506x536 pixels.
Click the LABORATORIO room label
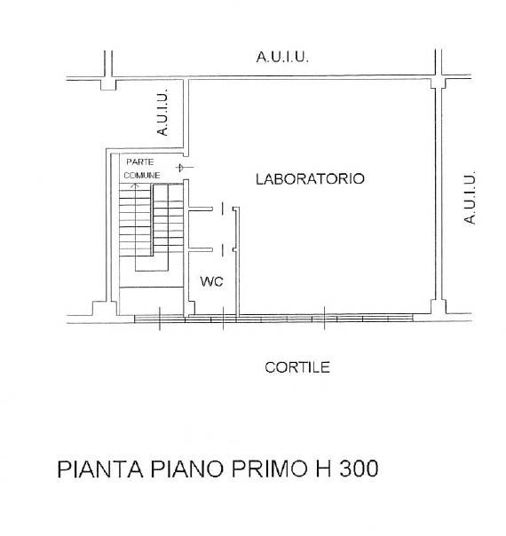(310, 178)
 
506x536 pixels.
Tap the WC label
(211, 281)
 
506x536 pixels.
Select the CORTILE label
(297, 367)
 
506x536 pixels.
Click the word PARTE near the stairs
(140, 162)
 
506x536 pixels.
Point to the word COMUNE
(142, 176)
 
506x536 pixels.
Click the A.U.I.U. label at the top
(282, 57)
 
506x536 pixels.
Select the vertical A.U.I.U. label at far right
(470, 198)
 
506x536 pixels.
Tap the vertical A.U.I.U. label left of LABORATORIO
(162, 113)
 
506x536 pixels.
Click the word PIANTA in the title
(99, 469)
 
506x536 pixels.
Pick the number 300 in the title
(359, 469)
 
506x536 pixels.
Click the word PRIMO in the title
(269, 469)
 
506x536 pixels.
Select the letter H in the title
(323, 469)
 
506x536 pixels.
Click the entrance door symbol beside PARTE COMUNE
(184, 168)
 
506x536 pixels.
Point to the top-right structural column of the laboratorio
(439, 83)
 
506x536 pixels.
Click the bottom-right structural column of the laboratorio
(439, 307)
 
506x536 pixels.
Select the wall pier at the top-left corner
(108, 84)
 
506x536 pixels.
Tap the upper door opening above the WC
(223, 209)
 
